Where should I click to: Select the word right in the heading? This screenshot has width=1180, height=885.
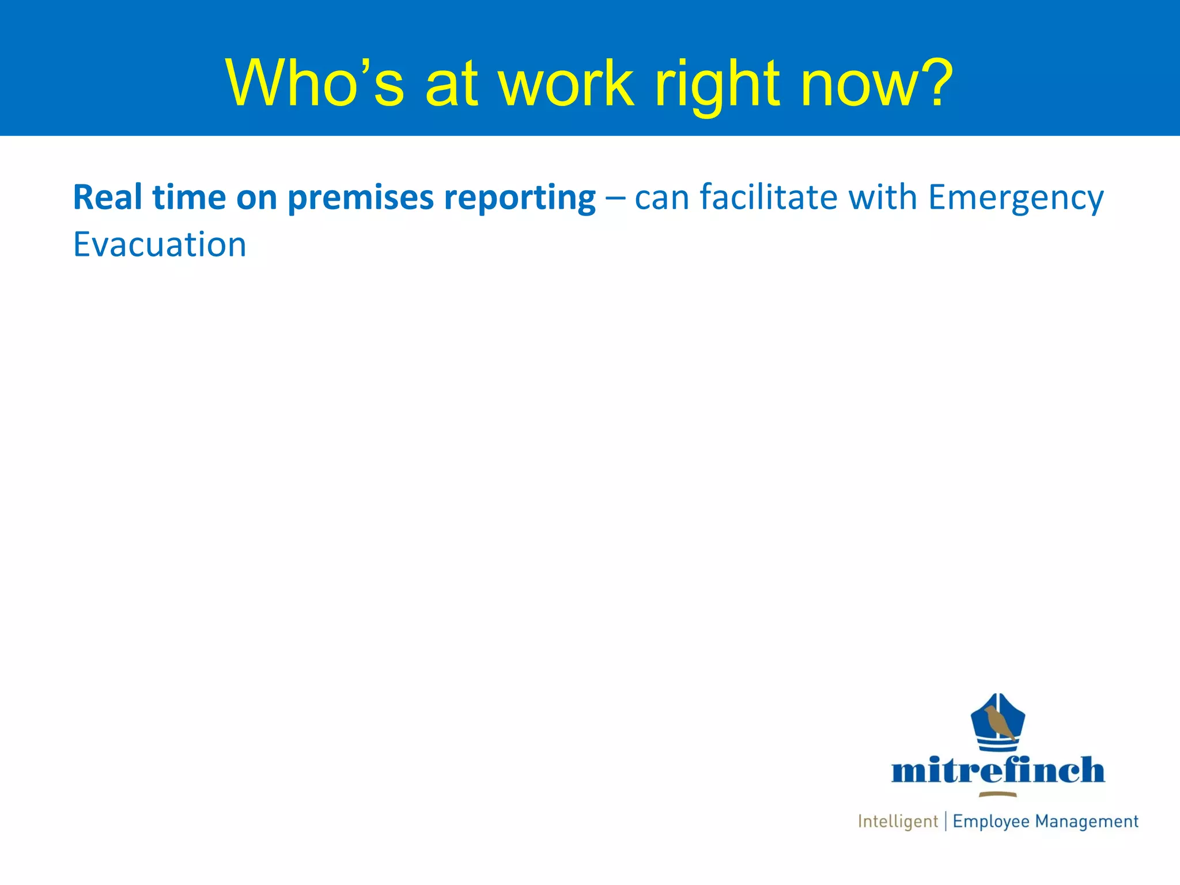pyautogui.click(x=717, y=84)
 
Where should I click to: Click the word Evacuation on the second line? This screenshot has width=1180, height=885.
pyautogui.click(x=160, y=245)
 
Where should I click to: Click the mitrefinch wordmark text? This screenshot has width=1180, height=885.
pyautogui.click(x=998, y=770)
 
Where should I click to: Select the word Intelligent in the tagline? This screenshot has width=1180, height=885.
pyautogui.click(x=898, y=822)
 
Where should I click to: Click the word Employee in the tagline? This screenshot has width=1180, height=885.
pyautogui.click(x=990, y=822)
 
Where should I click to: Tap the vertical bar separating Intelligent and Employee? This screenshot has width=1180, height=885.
pyautogui.click(x=945, y=821)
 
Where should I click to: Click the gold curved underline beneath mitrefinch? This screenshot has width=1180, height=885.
pyautogui.click(x=998, y=795)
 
